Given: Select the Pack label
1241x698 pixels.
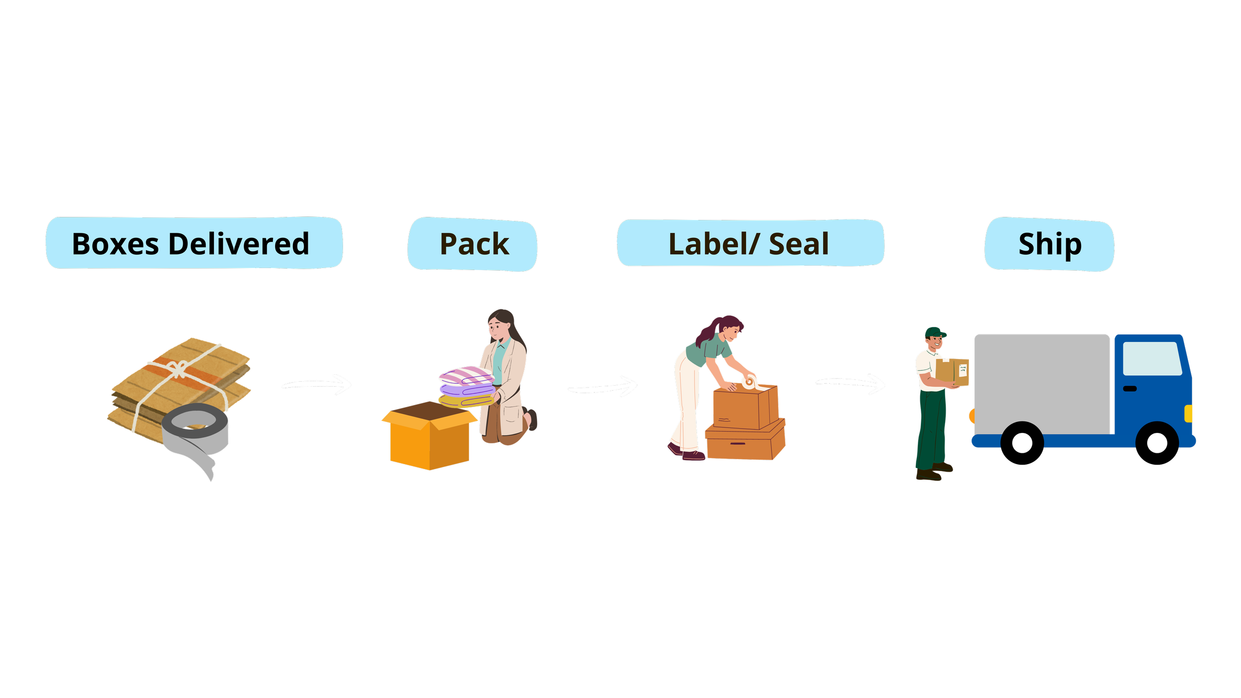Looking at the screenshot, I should click(474, 244).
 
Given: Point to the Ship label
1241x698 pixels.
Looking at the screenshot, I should click(1049, 244).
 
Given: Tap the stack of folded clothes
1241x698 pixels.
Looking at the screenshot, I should click(467, 387).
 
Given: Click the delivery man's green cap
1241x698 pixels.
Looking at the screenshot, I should click(935, 333).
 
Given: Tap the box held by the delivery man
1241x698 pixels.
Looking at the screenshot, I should click(952, 372).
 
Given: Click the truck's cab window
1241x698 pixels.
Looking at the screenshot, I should click(1152, 358).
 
